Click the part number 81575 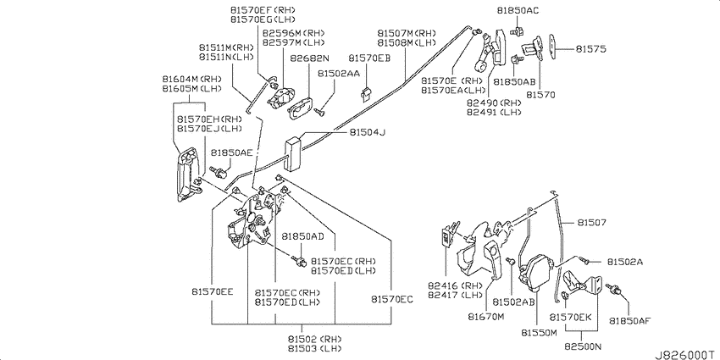[591, 48]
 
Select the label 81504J [367, 132]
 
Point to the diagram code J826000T [686, 354]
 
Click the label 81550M [539, 332]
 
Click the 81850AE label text [232, 152]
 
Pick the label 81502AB [514, 302]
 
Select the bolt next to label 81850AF [614, 289]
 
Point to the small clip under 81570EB [366, 94]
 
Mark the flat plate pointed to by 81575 [553, 45]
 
